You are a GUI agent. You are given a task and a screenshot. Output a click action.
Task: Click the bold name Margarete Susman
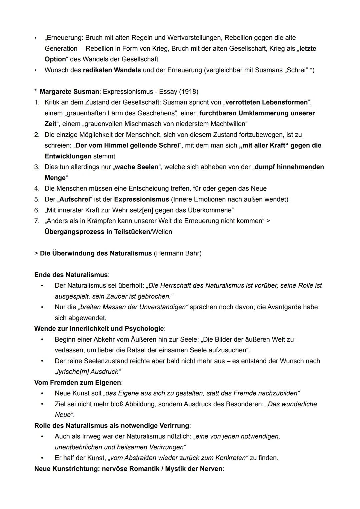(x=69, y=91)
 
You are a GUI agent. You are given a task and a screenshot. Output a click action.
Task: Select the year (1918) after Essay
(x=188, y=91)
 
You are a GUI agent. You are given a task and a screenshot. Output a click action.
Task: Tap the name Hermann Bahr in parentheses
(x=178, y=253)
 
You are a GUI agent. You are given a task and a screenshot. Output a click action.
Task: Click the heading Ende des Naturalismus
(x=71, y=275)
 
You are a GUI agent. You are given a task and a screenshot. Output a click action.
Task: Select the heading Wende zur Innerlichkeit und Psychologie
(x=99, y=329)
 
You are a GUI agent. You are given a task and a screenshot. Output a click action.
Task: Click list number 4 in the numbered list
(x=37, y=189)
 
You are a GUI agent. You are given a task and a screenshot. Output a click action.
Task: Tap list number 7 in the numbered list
(x=37, y=221)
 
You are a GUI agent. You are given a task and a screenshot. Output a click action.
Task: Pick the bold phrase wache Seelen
(x=137, y=167)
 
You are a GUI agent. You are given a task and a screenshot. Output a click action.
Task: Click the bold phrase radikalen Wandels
(x=112, y=70)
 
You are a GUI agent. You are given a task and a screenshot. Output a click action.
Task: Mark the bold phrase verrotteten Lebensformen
(x=266, y=102)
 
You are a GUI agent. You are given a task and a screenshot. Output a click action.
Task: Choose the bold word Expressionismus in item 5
(x=141, y=199)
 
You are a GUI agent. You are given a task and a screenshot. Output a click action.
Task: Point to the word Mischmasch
(x=168, y=124)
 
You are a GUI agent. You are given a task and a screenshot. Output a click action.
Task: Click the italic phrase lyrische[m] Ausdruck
(x=88, y=372)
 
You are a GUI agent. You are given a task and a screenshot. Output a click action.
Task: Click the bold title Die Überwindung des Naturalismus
(x=96, y=253)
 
